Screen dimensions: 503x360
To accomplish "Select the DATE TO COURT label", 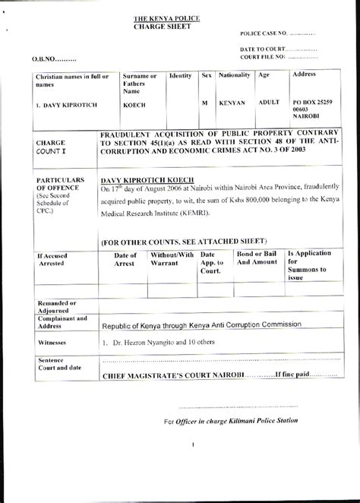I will (264, 49).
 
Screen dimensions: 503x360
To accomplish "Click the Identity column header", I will (180, 77).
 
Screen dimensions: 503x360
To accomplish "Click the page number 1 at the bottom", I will (194, 444).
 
